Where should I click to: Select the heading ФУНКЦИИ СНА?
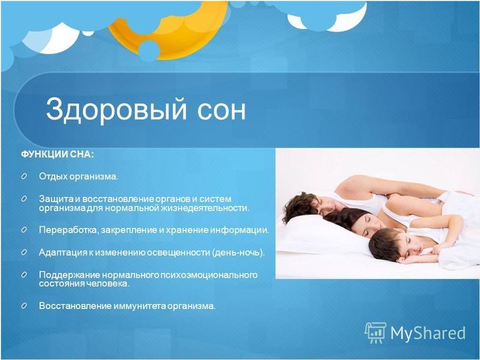point(57,154)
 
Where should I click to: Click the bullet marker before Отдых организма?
point(24,176)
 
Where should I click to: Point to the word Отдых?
point(53,176)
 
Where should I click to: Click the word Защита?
point(56,199)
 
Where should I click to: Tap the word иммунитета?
point(140,306)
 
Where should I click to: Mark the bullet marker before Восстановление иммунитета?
point(24,305)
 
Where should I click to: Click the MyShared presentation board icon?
point(376,332)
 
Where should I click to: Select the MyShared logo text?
point(428,333)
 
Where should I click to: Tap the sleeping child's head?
point(386,244)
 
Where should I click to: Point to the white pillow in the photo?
point(322,233)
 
